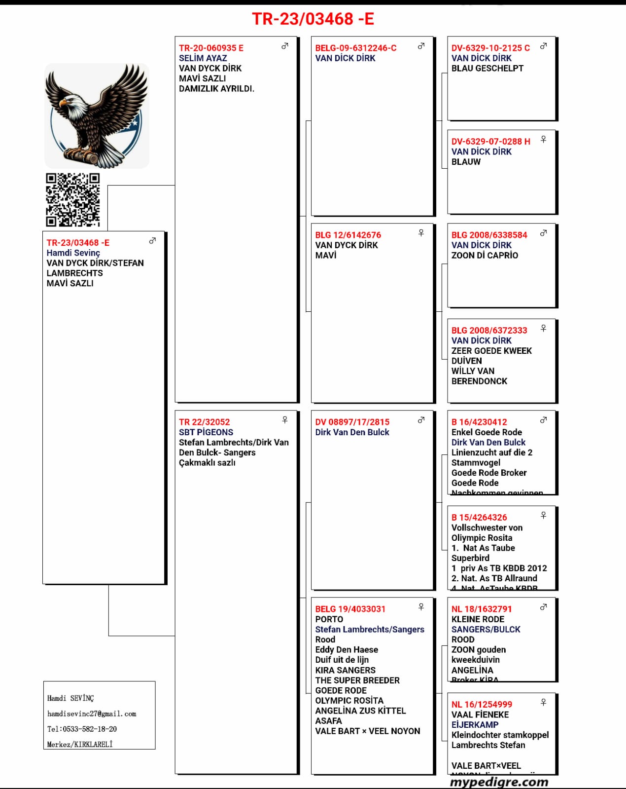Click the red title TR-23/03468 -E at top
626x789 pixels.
[313, 19]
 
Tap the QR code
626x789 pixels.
[73, 199]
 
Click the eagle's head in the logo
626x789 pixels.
[69, 102]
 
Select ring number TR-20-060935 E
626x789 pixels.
[211, 48]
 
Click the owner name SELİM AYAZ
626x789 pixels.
[203, 58]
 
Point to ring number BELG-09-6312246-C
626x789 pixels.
[355, 48]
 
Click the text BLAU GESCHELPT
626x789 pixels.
[487, 69]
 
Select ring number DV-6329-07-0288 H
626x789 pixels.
[490, 142]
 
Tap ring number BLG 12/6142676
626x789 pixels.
[348, 235]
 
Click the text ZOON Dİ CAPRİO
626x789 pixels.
[485, 256]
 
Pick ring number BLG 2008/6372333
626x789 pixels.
[489, 331]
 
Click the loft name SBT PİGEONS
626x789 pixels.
[206, 432]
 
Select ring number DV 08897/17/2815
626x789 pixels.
[352, 422]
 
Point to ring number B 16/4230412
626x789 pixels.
[479, 422]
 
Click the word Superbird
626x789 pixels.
[470, 558]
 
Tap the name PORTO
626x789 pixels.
[329, 619]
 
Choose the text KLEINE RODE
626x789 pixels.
[478, 619]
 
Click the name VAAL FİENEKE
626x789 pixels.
[480, 714]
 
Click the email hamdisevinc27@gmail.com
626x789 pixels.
[92, 714]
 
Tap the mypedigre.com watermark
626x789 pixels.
[499, 782]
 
